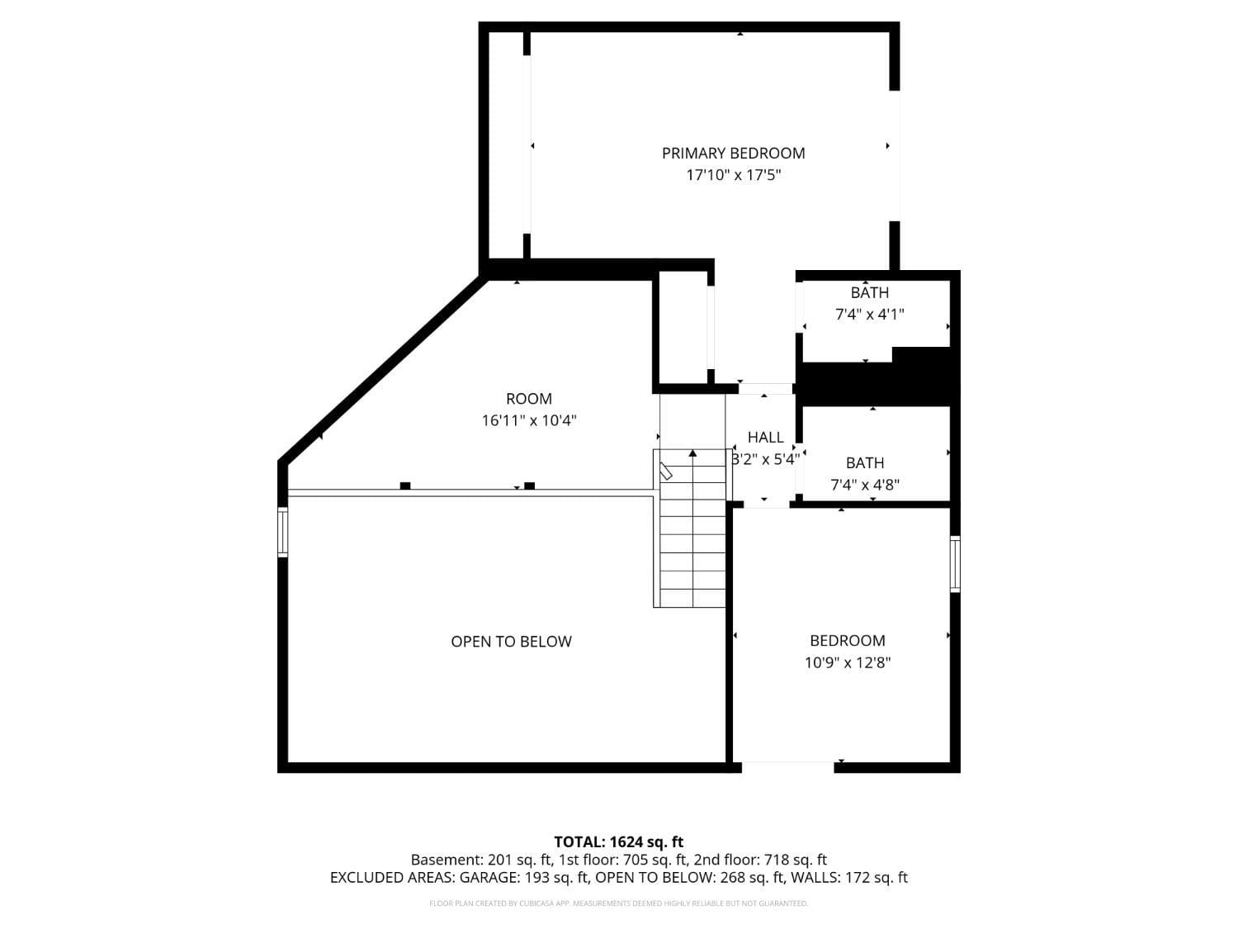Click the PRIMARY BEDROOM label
[x=733, y=153]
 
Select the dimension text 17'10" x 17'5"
[x=733, y=175]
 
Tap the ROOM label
[x=529, y=399]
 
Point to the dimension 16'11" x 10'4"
[x=529, y=420]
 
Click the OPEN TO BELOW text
[x=511, y=642]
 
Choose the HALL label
[x=765, y=438]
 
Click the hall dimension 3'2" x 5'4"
[x=765, y=459]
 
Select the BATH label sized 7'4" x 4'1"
[x=870, y=292]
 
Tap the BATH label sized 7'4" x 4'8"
[x=864, y=463]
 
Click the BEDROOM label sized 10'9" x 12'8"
[x=847, y=641]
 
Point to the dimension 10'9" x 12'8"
[x=847, y=662]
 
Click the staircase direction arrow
[x=692, y=453]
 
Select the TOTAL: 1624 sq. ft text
[x=618, y=842]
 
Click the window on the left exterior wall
[x=282, y=532]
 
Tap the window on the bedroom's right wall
[x=955, y=563]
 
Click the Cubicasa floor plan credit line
[x=618, y=903]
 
